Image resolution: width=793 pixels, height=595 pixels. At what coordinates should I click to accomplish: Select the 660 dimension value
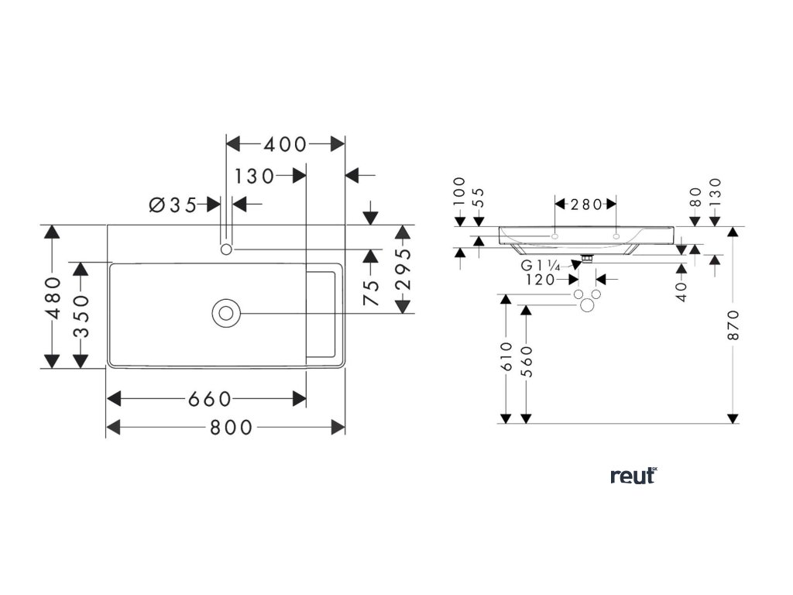[209, 399]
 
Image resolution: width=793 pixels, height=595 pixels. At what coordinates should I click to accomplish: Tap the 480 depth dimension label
[52, 297]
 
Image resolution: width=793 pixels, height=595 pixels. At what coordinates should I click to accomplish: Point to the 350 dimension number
[80, 315]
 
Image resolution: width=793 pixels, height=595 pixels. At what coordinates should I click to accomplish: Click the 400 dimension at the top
[285, 144]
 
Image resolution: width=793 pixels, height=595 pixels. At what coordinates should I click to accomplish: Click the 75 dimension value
[372, 292]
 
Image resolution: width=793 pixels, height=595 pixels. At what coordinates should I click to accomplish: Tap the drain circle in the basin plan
[226, 313]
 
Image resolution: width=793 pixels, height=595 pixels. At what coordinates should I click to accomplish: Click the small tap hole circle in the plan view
[226, 249]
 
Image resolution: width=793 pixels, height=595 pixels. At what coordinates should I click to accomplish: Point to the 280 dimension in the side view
[586, 205]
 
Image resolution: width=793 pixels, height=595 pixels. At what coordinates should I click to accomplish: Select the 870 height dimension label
[733, 325]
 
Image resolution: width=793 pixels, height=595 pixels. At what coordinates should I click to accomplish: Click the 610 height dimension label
[506, 357]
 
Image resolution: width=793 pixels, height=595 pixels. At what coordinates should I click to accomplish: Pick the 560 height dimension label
[527, 360]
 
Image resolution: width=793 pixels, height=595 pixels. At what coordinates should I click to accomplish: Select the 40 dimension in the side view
[681, 292]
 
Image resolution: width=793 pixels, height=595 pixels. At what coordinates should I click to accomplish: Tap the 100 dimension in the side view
[459, 191]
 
